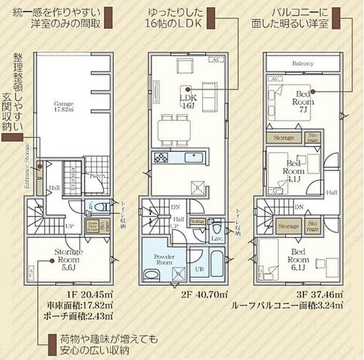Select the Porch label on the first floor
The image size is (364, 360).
[98, 176]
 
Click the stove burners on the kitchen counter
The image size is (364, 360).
[160, 157]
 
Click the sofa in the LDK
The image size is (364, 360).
[211, 94]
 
